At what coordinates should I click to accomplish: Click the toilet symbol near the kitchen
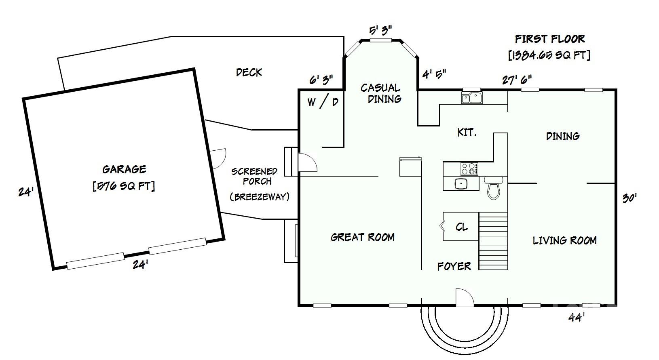point(493,187)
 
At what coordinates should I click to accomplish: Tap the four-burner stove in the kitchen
point(469,169)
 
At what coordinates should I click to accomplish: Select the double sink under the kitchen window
point(471,97)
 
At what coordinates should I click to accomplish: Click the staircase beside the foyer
point(493,241)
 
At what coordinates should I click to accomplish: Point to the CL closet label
point(461,227)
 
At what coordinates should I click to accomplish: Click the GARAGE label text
point(124,169)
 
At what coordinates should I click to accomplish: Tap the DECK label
point(249,72)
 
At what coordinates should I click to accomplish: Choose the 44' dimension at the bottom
point(576,317)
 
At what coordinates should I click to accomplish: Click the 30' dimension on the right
point(629,198)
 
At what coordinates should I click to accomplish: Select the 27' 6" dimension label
point(517,80)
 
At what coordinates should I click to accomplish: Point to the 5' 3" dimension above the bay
point(381,30)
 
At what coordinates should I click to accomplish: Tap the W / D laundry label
point(323,102)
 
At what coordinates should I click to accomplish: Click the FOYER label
point(454,267)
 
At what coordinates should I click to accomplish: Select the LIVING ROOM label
point(564,240)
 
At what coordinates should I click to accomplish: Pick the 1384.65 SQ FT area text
point(549,55)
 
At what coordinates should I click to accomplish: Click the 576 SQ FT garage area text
point(124,186)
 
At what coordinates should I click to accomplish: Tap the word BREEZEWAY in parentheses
point(260,197)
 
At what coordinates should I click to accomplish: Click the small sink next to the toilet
point(461,184)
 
